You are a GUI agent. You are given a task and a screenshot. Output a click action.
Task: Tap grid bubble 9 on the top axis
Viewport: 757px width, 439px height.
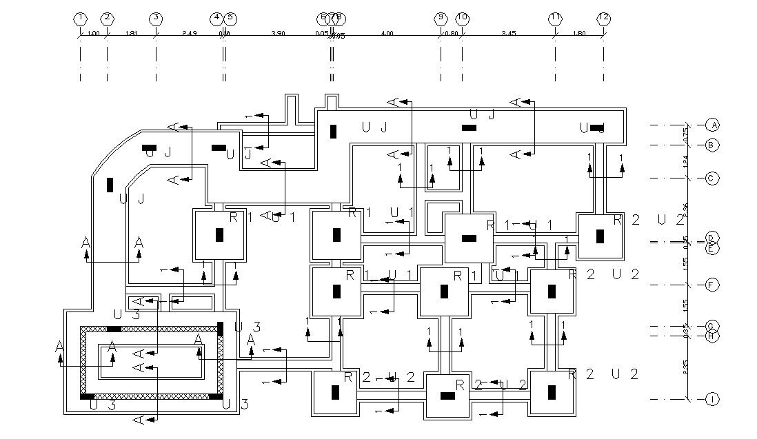pos(441,18)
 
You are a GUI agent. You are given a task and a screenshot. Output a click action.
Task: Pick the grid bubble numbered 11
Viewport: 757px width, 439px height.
pos(555,18)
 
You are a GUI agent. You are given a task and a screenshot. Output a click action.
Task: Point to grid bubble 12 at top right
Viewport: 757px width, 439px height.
pos(603,18)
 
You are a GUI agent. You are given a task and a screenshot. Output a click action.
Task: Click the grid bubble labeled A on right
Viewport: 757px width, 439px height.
pos(713,125)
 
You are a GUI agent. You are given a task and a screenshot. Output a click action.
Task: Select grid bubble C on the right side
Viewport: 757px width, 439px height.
pos(713,178)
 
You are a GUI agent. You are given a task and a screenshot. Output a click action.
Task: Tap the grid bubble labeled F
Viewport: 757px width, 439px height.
pos(713,285)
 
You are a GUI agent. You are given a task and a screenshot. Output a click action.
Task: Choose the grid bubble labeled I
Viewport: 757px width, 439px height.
pos(713,400)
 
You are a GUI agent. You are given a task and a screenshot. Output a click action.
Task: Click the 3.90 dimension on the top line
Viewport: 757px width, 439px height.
pos(278,33)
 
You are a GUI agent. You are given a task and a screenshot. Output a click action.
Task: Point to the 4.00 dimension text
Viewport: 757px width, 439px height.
pos(387,33)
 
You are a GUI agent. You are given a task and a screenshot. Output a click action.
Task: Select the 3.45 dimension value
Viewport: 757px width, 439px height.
pos(509,33)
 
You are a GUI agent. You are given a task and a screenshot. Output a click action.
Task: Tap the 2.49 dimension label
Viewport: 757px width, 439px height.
pos(190,33)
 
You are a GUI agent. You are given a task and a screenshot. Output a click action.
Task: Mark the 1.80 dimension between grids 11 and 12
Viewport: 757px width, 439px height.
pos(579,33)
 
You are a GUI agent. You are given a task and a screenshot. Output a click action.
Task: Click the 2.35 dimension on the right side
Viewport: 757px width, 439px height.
pos(686,367)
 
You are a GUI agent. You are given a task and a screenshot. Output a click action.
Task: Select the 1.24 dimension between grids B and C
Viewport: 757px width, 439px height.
pos(686,161)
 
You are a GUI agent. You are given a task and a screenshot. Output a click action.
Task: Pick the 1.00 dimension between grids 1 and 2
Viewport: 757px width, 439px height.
pos(94,33)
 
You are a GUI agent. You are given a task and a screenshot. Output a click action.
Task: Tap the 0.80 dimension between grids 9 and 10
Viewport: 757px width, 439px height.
pos(452,33)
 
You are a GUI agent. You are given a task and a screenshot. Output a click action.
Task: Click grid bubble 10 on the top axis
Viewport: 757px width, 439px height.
pos(462,18)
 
